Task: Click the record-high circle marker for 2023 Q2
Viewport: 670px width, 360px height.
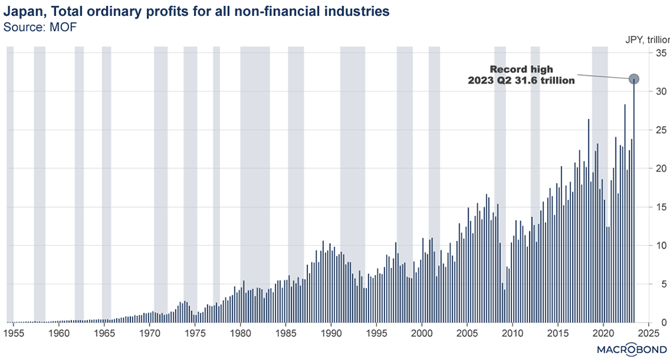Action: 634,79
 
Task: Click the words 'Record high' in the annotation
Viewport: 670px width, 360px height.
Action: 521,69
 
